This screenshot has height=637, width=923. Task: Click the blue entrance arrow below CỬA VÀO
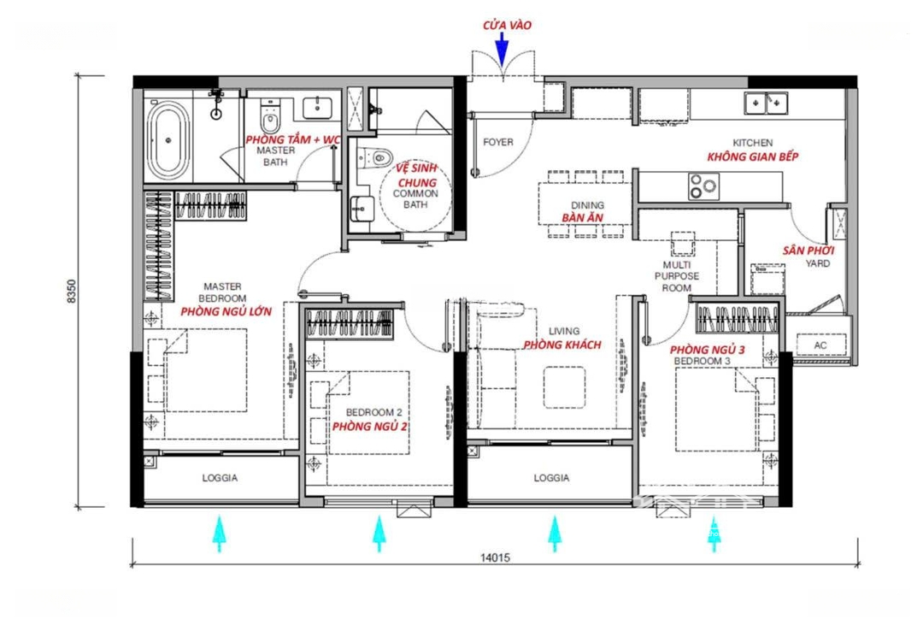point(502,48)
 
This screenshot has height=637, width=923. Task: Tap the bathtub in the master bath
point(168,139)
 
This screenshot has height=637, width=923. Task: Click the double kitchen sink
point(766,103)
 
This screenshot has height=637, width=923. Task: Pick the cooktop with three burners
point(704,186)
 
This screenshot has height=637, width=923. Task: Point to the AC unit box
point(820,345)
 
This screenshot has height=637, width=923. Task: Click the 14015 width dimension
point(495,557)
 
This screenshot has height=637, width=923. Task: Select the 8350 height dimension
point(73,291)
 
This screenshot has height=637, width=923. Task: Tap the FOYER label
point(498,142)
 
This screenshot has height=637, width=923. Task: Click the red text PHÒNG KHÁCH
point(562,345)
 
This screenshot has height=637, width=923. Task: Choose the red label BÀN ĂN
point(582,217)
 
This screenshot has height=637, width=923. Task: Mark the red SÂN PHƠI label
point(808,251)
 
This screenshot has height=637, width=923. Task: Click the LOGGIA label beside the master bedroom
point(220,478)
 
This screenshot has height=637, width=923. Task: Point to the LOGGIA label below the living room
point(551,478)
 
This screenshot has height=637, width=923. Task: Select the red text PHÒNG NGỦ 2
point(370,427)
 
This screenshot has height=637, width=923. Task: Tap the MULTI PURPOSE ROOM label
point(677,276)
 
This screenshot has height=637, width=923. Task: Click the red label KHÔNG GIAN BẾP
point(753,156)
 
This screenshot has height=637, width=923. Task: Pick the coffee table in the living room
point(565,387)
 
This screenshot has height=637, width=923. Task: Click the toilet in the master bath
point(270,118)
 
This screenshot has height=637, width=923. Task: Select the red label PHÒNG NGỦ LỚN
point(226,311)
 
